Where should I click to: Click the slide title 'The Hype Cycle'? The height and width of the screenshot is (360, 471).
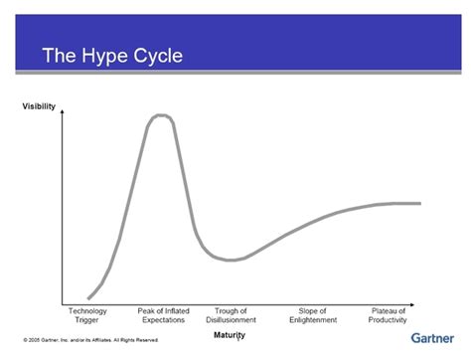coord(111,56)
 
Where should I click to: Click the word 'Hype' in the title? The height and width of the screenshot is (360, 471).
coord(110,56)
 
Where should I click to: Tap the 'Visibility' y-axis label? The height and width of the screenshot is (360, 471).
coord(39,106)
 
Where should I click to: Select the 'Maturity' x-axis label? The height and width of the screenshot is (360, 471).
coord(230,335)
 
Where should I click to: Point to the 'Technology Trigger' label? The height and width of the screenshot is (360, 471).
coord(87,315)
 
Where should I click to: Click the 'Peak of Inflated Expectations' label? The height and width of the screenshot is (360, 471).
coord(164,315)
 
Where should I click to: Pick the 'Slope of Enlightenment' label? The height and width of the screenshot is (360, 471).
coord(312,315)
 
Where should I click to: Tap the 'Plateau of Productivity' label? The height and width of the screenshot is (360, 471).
coord(389,315)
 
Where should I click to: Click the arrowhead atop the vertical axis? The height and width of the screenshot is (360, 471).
coord(63,112)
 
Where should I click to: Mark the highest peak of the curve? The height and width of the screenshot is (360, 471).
coord(160,115)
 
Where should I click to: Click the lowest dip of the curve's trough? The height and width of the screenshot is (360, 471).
coord(231,261)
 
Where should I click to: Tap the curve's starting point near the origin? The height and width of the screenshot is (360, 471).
coord(89,297)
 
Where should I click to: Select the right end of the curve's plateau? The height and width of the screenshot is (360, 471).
coord(419,203)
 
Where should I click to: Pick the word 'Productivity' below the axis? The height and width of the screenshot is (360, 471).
coord(389,320)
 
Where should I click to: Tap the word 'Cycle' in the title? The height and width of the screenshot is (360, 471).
coord(159,56)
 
